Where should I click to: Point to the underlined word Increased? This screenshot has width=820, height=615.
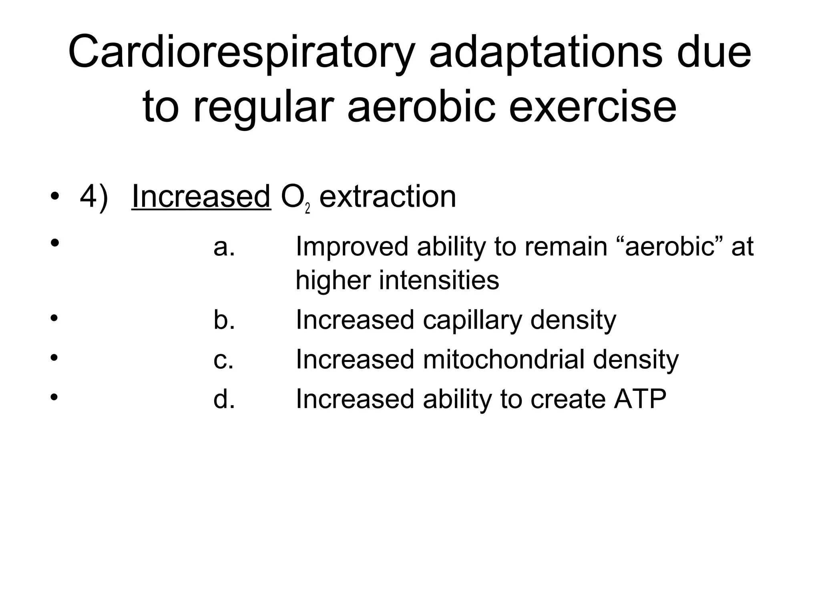pos(201,197)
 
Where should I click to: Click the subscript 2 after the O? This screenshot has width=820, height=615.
pos(307,209)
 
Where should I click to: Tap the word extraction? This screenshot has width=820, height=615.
pos(388,197)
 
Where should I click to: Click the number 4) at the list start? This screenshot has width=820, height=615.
pos(94,197)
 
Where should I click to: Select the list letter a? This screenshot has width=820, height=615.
pos(224,247)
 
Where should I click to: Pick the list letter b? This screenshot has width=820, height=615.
pos(224,320)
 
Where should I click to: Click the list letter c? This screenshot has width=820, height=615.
pos(223,360)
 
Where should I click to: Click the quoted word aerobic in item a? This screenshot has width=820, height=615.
pos(670,247)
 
